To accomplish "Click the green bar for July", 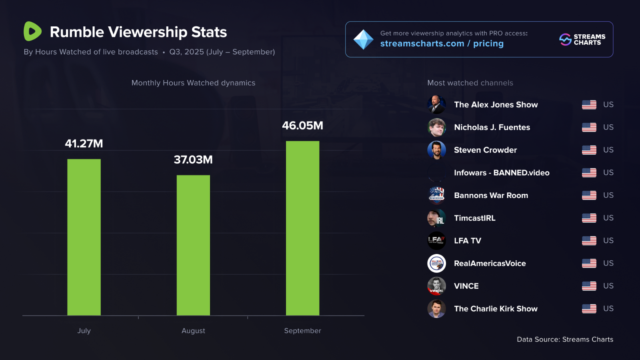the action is tap(84, 237).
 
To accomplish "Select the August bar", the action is tap(193, 245).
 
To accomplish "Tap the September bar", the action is tap(302, 228).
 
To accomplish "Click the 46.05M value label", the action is tap(302, 126).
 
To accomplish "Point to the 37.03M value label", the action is tap(193, 160).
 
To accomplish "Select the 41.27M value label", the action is tap(84, 144).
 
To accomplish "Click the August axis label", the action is tap(193, 331).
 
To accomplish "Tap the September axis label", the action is tap(302, 331).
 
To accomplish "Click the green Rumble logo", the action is tap(32, 31).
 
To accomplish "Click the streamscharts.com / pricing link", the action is tap(442, 44).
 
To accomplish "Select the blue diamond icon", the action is tap(363, 40).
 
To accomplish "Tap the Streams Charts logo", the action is tap(582, 40).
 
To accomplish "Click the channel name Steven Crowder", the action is tap(486, 150).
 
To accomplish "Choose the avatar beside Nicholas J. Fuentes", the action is tap(436, 128).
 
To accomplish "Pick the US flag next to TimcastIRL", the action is tap(589, 218).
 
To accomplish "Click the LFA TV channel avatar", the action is tap(436, 241).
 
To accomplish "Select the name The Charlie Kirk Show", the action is tap(496, 309).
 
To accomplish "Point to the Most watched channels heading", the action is tap(470, 83).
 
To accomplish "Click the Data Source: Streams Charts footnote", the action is tap(565, 340).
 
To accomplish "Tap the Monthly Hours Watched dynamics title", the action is tap(193, 83).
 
